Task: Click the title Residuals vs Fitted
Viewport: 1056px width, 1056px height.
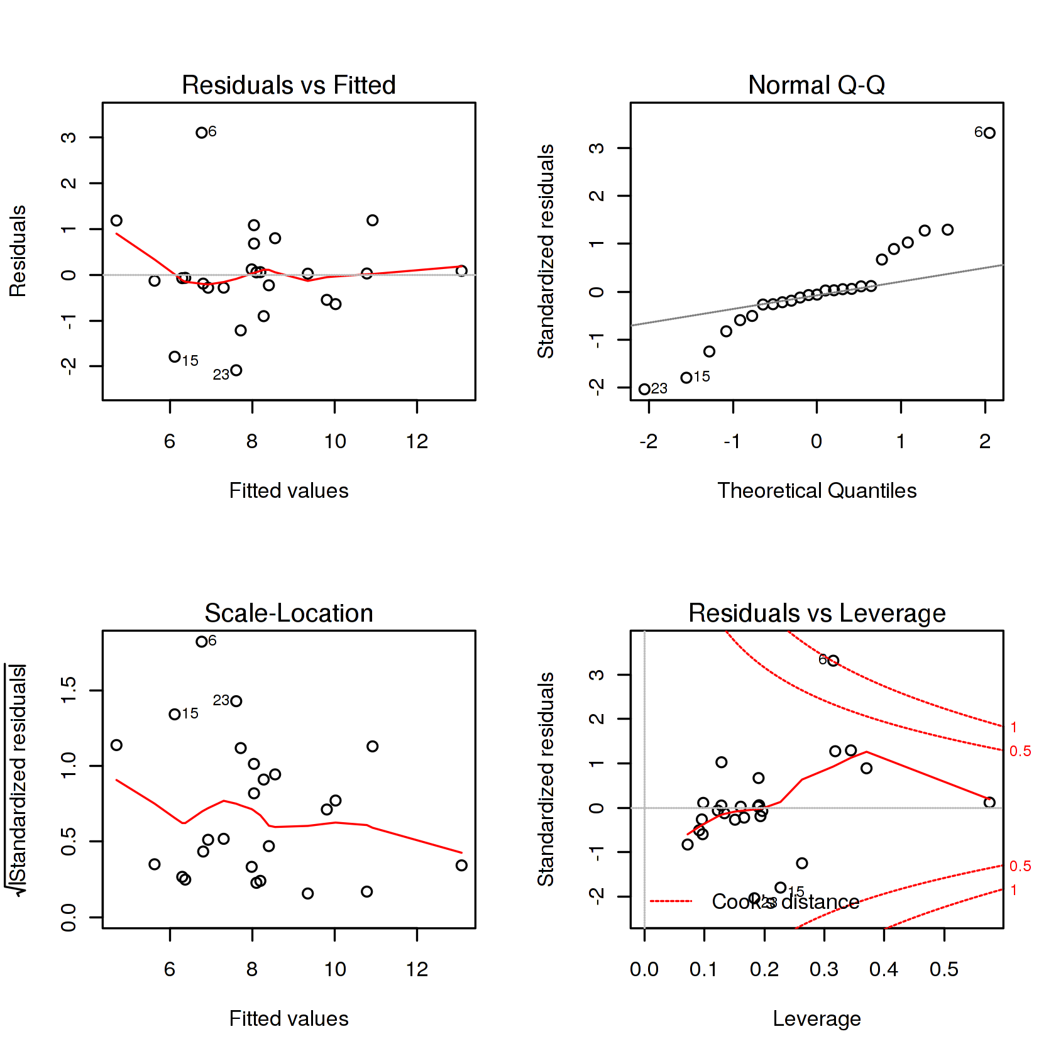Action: coord(289,85)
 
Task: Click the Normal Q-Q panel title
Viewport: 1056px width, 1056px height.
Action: coord(817,85)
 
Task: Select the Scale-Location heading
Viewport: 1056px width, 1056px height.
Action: coord(289,613)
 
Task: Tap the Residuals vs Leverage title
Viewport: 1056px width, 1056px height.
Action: coord(817,613)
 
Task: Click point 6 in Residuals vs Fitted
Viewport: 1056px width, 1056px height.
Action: coord(201,133)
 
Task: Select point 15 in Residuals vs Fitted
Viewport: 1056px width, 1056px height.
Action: coord(175,357)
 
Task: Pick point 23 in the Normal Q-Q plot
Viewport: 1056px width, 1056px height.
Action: coord(644,389)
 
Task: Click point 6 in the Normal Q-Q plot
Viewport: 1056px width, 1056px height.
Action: coord(989,133)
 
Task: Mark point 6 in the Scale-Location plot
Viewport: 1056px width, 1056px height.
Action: coord(201,642)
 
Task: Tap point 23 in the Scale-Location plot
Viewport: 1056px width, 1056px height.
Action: coord(236,701)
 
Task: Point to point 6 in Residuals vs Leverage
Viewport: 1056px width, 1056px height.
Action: coord(833,661)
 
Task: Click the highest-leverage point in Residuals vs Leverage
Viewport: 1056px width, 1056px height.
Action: coord(989,802)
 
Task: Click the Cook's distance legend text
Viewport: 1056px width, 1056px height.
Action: coord(785,902)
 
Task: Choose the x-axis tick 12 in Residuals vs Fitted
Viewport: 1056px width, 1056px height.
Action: coord(417,441)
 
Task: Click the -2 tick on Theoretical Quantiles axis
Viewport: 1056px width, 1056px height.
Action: coord(649,441)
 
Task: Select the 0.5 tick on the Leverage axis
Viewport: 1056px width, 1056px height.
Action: coord(944,969)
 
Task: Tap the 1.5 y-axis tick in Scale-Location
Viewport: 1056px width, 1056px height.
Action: coord(69,690)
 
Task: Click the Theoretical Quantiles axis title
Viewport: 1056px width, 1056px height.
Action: coord(817,491)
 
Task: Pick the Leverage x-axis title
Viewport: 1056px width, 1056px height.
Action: coord(817,1019)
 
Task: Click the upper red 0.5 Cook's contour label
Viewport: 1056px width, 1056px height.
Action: coord(1020,751)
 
